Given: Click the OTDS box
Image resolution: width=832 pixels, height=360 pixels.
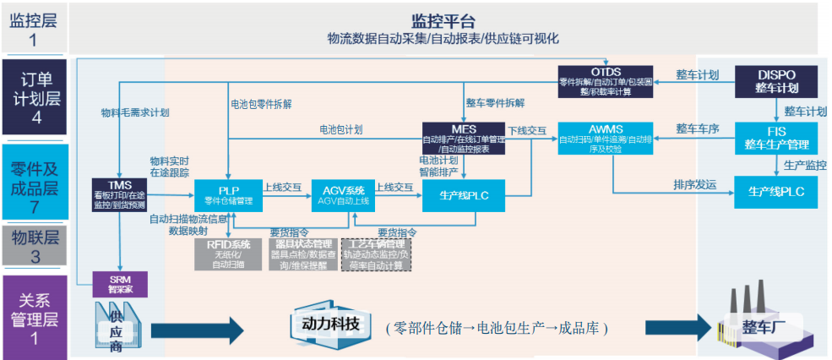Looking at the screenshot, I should click(606, 81).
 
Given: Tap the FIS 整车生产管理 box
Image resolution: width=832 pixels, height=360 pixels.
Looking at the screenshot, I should click(776, 139).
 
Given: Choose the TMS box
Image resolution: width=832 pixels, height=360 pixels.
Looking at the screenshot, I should click(119, 194).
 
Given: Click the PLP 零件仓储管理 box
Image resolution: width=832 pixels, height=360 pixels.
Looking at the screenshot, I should click(228, 194).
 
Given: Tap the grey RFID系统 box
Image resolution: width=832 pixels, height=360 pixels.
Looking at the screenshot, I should click(225, 254).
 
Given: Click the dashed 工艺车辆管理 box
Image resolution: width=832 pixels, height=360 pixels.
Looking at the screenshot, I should click(376, 254).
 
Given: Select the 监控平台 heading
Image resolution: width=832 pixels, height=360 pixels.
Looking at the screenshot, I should click(443, 21).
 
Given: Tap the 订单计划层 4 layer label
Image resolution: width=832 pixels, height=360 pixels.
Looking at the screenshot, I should click(34, 97).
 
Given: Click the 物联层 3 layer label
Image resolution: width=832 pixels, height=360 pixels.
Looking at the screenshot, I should click(34, 244).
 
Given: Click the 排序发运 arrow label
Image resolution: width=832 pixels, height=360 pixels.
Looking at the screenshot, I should click(694, 184).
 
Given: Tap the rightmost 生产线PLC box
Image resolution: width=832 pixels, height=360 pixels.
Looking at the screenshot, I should click(776, 193).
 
